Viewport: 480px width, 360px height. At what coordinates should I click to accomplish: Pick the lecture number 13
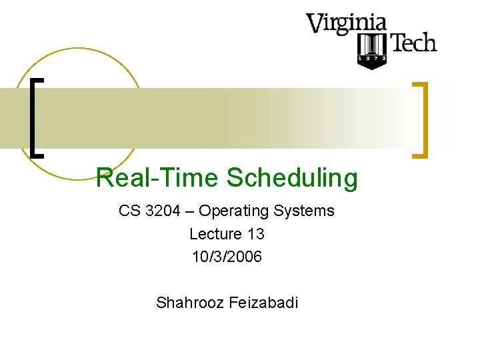coord(255,234)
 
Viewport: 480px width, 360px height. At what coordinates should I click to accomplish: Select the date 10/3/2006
coord(227,257)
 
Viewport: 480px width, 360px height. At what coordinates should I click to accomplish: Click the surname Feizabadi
coord(263,303)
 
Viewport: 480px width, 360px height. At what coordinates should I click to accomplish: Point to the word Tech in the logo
coord(413,44)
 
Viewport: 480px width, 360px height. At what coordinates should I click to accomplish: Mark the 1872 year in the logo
coord(372,59)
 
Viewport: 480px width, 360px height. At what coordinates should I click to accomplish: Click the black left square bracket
coord(37,117)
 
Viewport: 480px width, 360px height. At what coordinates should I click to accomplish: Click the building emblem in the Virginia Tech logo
coord(372,45)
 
